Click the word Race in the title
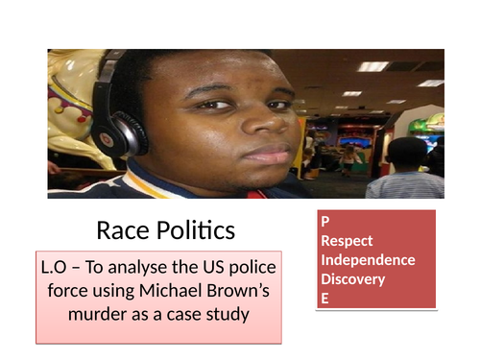121,230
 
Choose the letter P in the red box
325,222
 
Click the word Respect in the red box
347,241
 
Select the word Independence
368,260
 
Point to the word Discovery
352,279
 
